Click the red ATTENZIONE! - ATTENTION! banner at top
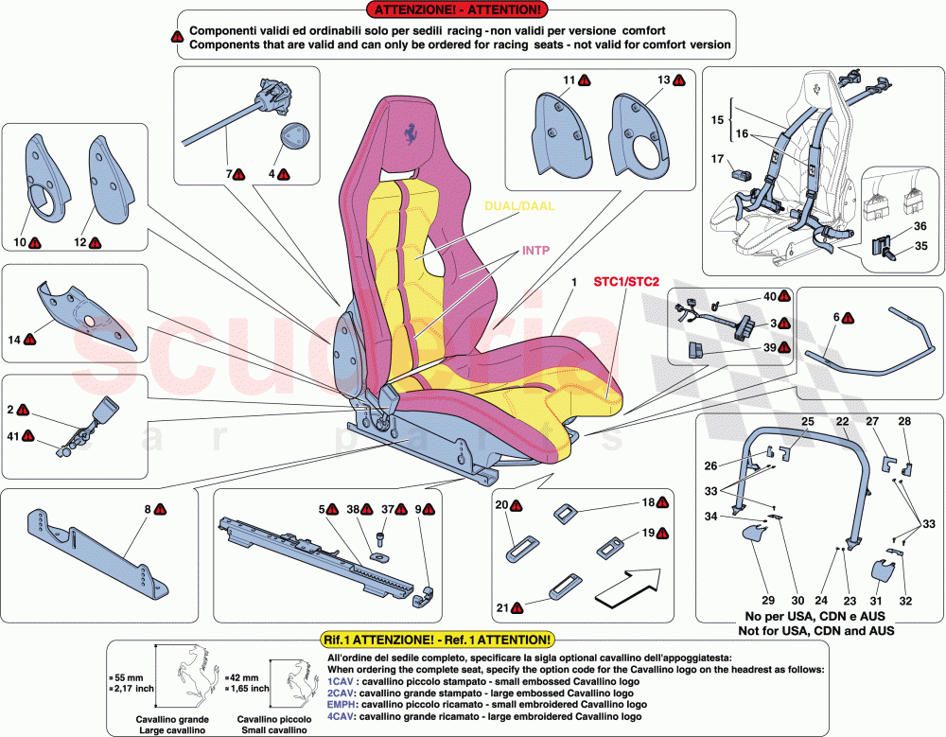coord(459,10)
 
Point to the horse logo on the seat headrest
coord(409,134)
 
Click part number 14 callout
coord(14,338)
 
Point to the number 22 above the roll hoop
coord(842,420)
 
